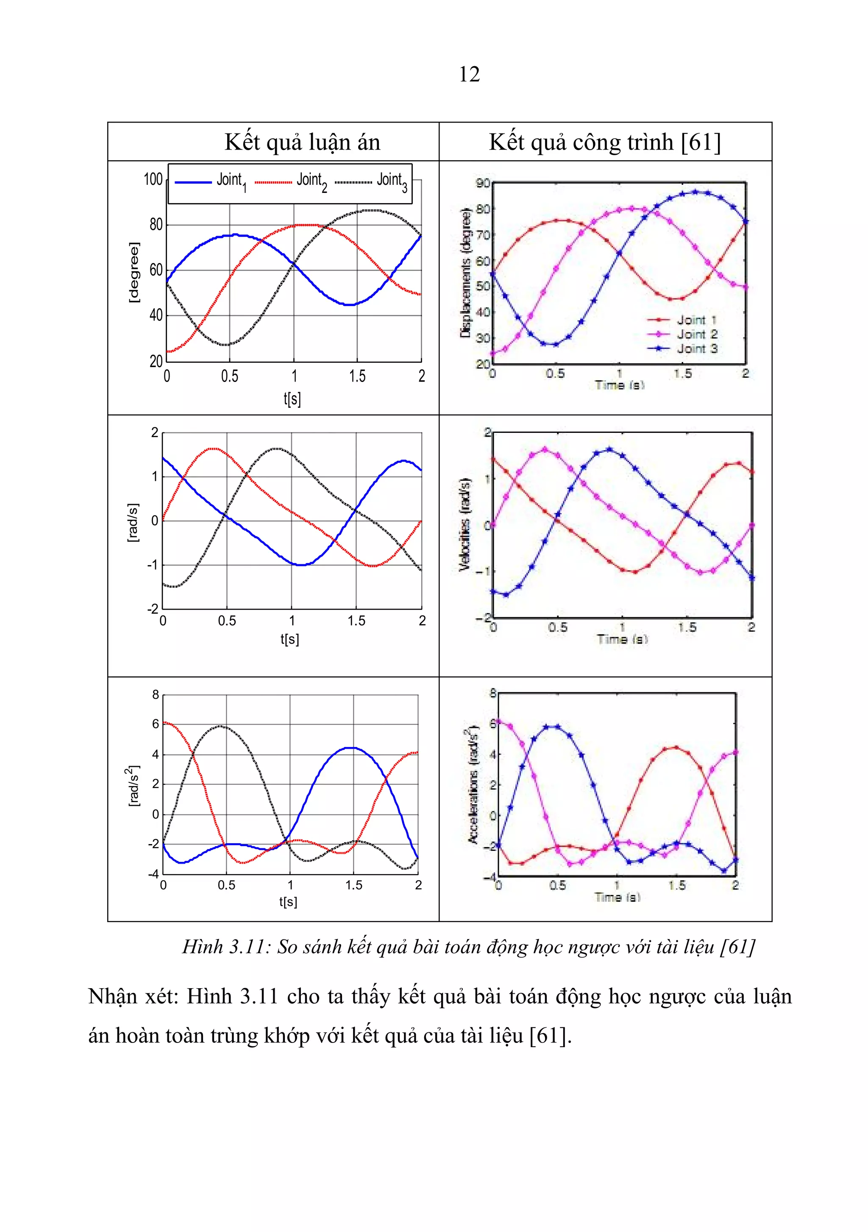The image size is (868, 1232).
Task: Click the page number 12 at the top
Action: (x=469, y=74)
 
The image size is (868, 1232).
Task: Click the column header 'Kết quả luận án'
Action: (x=302, y=142)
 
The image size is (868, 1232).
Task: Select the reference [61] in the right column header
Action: (x=701, y=142)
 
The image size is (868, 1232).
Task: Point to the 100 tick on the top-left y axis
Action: (x=153, y=179)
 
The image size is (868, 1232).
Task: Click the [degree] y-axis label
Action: (x=134, y=272)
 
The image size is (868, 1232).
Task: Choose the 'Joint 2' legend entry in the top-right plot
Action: (x=696, y=334)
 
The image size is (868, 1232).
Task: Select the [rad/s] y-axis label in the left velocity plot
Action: (x=133, y=522)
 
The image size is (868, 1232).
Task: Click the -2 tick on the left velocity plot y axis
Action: (x=153, y=609)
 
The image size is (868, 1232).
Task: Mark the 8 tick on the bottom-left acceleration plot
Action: (x=156, y=695)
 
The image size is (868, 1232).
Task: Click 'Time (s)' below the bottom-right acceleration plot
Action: (x=617, y=897)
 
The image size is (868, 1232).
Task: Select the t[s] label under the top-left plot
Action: (x=292, y=398)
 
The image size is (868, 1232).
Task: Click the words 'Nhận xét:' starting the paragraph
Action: (x=133, y=996)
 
